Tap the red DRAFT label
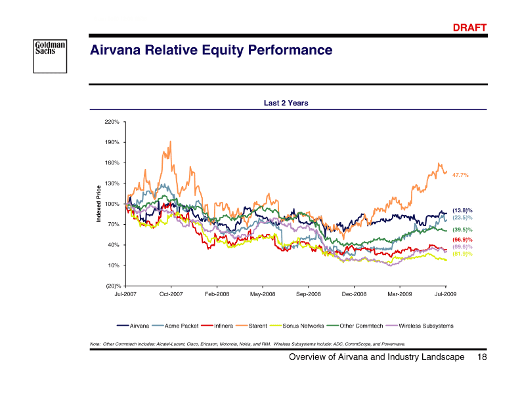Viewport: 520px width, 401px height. (470, 28)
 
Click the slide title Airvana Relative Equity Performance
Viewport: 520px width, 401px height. (211, 50)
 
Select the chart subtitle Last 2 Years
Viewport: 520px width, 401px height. (286, 103)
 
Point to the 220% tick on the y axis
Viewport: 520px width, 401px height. (112, 122)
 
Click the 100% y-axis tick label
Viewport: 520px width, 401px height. (112, 204)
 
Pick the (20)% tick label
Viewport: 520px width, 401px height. (112, 286)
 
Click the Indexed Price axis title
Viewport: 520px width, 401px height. (99, 204)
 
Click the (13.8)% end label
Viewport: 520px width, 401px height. (462, 210)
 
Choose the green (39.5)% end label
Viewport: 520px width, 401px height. (462, 230)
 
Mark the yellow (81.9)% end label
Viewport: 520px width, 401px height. (462, 254)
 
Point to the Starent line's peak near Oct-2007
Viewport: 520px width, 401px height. (171, 142)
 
